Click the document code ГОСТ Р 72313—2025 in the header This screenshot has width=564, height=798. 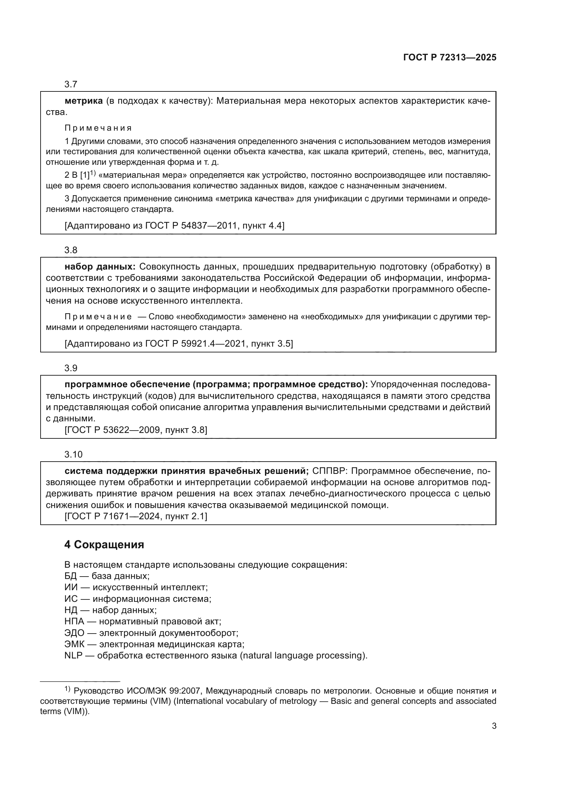pos(450,58)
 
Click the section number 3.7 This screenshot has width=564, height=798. pos(71,84)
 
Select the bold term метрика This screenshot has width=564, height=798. pos(84,101)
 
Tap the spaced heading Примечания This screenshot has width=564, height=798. pos(98,128)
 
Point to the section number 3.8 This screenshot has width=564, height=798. pos(71,250)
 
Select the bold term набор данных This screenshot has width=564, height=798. pos(100,267)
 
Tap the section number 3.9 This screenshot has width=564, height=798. pos(71,368)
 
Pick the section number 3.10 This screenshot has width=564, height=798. pos(73,454)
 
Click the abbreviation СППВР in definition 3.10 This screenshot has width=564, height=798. pos(330,471)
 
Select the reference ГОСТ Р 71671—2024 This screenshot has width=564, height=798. pos(113,517)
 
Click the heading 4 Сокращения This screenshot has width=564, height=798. pos(104,545)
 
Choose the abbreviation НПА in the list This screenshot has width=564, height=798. pos(74,621)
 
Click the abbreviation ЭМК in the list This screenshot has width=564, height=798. pos(74,644)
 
